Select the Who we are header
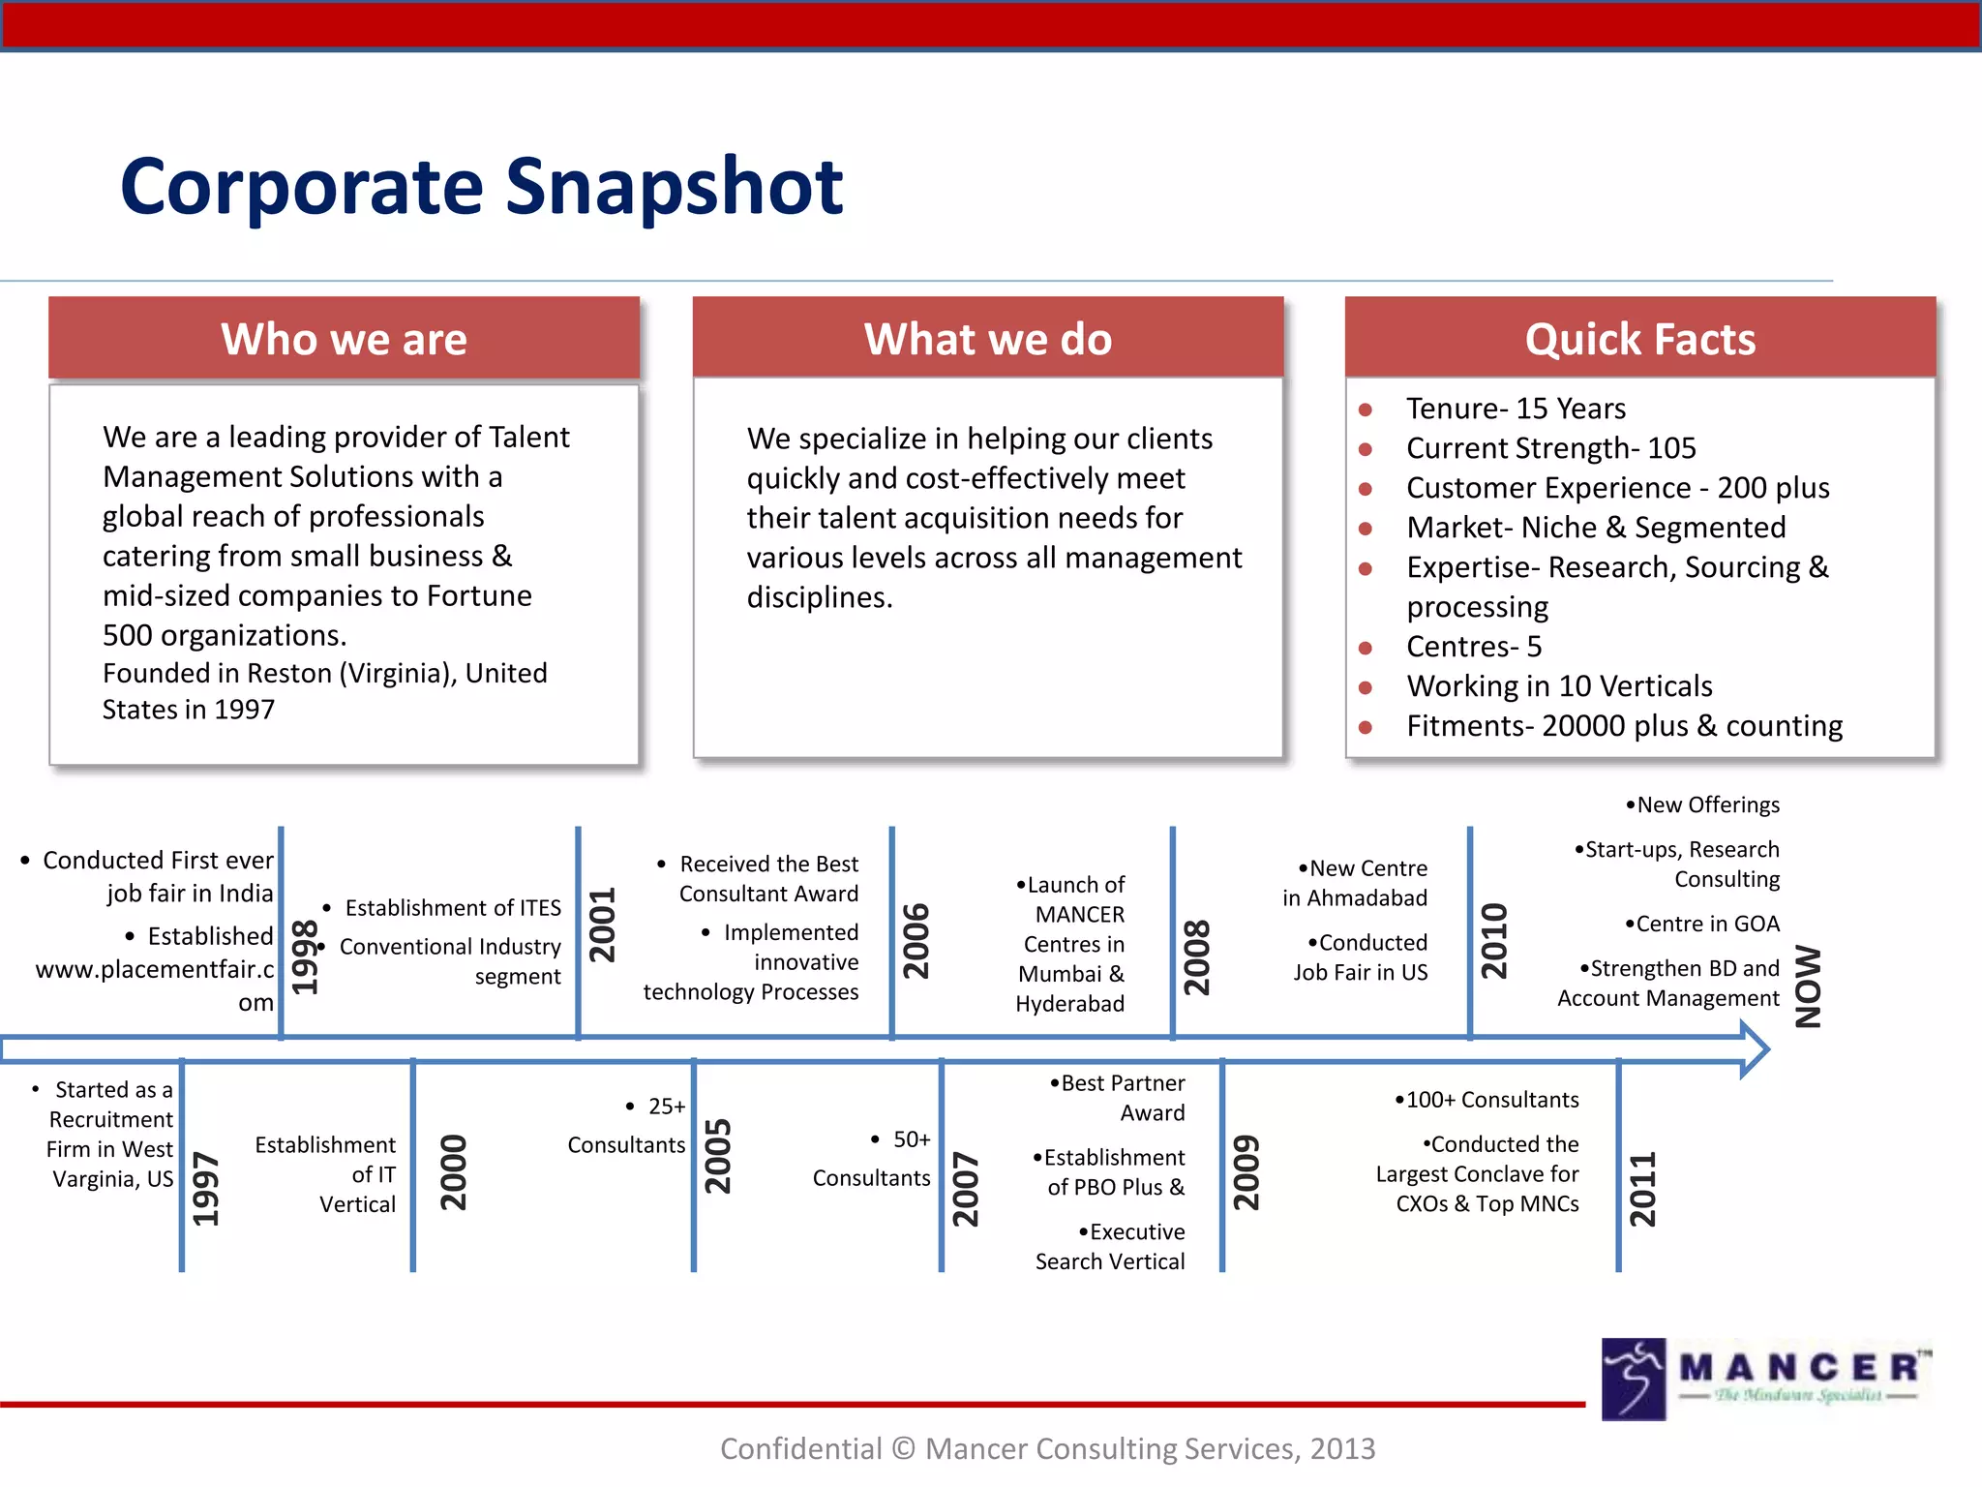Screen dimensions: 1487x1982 (344, 339)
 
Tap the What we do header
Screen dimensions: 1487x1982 (987, 339)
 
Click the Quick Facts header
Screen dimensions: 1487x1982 (1639, 339)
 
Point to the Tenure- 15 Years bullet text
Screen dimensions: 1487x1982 (1515, 409)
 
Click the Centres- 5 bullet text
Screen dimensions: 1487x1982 (1473, 647)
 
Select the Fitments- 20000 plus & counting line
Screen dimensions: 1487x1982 (1623, 726)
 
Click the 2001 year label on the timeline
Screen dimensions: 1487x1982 (603, 925)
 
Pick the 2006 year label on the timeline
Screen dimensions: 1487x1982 (916, 941)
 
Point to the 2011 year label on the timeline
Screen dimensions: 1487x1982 (1642, 1189)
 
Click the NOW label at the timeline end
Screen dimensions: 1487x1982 (1808, 986)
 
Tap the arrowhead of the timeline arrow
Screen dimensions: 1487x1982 (1754, 1048)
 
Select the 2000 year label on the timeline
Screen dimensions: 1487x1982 (453, 1172)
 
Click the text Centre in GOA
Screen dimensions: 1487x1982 (1706, 924)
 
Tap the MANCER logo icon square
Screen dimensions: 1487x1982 (1633, 1379)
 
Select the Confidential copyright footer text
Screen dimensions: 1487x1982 (1047, 1448)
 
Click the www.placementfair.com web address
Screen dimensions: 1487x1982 (155, 970)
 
